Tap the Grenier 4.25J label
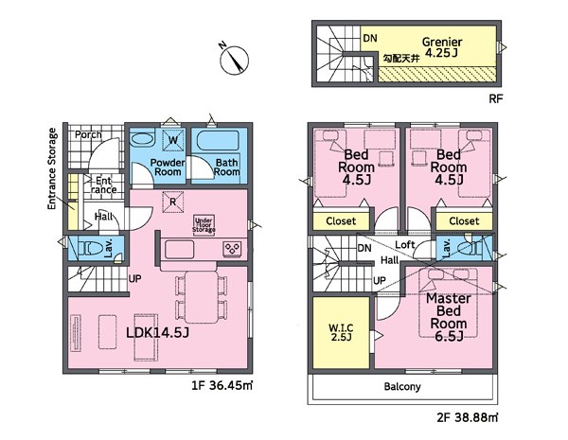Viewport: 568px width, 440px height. click(x=442, y=47)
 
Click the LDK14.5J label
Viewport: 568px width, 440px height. click(x=158, y=332)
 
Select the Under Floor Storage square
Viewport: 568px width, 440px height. click(x=204, y=225)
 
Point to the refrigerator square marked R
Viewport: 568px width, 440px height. click(x=173, y=202)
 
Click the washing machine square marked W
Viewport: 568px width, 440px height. click(x=173, y=140)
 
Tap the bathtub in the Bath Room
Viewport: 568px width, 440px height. click(x=218, y=140)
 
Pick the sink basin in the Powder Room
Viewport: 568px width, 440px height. click(x=142, y=140)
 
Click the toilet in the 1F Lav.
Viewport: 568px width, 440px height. click(x=90, y=249)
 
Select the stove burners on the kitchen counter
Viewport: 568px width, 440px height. click(x=232, y=249)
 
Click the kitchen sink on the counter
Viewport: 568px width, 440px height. click(x=179, y=250)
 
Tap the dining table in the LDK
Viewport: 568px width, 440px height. click(x=202, y=297)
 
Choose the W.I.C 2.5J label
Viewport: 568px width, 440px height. click(x=341, y=333)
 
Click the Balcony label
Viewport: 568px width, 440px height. click(x=402, y=386)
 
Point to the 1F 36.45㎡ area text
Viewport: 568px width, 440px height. click(x=222, y=385)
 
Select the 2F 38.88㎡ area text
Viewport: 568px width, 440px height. click(x=468, y=418)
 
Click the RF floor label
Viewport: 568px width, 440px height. click(x=496, y=98)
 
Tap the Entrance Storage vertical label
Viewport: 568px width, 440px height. click(x=52, y=168)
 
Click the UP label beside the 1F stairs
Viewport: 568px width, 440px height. click(x=134, y=279)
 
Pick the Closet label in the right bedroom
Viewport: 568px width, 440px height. click(x=464, y=220)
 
